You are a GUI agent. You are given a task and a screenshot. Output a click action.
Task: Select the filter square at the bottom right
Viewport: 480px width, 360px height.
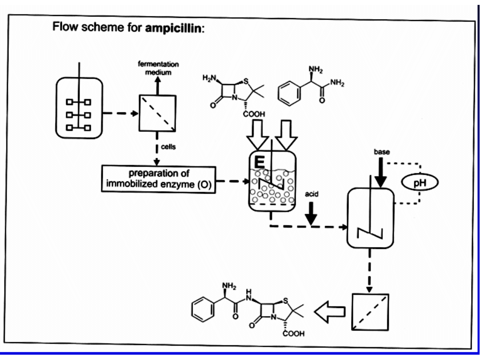coord(370,312)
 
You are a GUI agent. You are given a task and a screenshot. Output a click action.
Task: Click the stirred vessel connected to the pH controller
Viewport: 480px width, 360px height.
coord(371,218)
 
